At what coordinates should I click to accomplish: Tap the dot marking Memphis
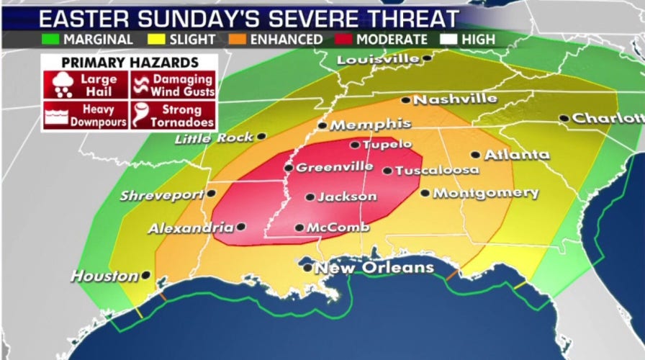[x=322, y=125]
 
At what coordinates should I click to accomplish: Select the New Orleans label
[x=378, y=268]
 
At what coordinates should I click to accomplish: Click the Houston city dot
[x=146, y=274]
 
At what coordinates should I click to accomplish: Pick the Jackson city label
[x=347, y=196]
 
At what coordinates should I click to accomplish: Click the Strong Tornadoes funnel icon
[x=140, y=114]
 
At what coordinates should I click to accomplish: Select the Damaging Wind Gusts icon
[x=141, y=84]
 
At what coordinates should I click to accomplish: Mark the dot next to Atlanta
[x=475, y=154]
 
